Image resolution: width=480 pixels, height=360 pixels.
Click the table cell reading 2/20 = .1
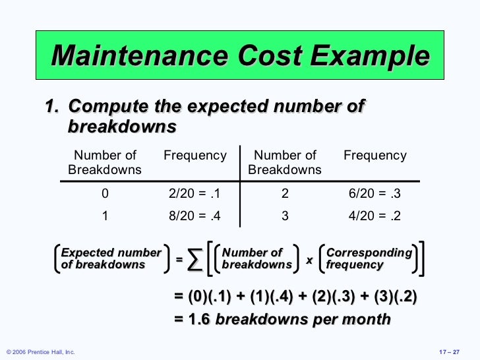[x=195, y=194]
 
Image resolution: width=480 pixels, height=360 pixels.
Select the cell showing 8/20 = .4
[x=195, y=216]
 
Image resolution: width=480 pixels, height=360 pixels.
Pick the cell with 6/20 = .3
[x=375, y=194]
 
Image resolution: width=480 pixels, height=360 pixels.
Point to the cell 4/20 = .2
[x=375, y=216]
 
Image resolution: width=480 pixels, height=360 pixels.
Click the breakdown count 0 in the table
[x=105, y=194]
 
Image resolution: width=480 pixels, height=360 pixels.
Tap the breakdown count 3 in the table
[x=285, y=216]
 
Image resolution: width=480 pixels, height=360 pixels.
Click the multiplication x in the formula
[x=309, y=260]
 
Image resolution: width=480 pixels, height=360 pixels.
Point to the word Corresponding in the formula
[x=369, y=253]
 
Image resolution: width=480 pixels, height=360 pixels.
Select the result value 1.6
[x=200, y=320]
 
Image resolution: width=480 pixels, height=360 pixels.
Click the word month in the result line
[x=367, y=320]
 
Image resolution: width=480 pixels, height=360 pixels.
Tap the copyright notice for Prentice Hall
[x=40, y=352]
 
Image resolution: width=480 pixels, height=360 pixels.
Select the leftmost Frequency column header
[x=195, y=156]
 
